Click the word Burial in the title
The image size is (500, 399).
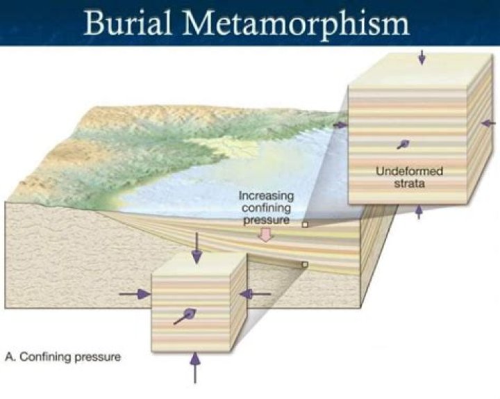(128, 23)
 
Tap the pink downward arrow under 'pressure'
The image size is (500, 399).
(265, 235)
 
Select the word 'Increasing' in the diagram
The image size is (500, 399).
(266, 195)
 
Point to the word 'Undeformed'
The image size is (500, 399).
(410, 171)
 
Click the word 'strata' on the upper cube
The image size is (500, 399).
(410, 184)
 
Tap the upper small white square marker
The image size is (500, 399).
(305, 225)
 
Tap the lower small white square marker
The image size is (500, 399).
(305, 264)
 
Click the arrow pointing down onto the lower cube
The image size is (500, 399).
(197, 248)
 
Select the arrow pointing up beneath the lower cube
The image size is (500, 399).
(195, 367)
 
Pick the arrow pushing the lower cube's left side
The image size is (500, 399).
(135, 294)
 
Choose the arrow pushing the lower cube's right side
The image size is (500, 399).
(255, 293)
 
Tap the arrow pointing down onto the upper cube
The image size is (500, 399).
(422, 57)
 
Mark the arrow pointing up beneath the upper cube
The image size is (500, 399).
(419, 212)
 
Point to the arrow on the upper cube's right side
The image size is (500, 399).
(488, 123)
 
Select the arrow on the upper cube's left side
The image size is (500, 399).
(340, 125)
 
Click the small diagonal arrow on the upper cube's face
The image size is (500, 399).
(403, 145)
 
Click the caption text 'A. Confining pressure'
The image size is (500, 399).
(63, 357)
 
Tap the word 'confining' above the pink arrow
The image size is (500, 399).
(266, 208)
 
